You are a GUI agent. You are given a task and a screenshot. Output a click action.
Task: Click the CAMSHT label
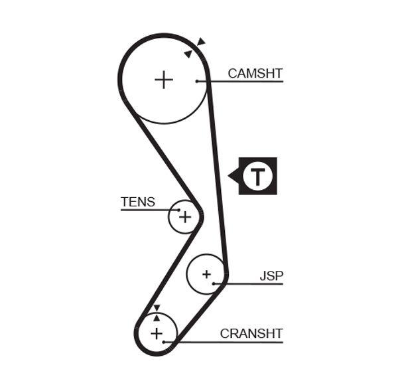pyautogui.click(x=255, y=73)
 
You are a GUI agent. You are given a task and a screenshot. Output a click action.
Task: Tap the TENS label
pyautogui.click(x=138, y=202)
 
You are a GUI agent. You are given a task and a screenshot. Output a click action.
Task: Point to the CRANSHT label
pyautogui.click(x=251, y=333)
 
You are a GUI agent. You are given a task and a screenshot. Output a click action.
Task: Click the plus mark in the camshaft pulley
pyautogui.click(x=163, y=80)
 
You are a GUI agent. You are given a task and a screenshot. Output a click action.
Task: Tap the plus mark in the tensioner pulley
pyautogui.click(x=185, y=216)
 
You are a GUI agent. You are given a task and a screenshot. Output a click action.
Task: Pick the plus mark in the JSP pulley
pyautogui.click(x=206, y=274)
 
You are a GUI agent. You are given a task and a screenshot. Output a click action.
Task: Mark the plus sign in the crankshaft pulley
pyautogui.click(x=157, y=333)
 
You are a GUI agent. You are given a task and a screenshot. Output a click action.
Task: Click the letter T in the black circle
pyautogui.click(x=257, y=176)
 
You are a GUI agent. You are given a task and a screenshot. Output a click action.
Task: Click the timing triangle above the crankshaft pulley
pyautogui.click(x=157, y=308)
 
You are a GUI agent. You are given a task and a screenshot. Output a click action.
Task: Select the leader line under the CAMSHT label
pyautogui.click(x=245, y=81)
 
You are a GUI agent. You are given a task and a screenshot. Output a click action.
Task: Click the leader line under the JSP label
pyautogui.click(x=252, y=283)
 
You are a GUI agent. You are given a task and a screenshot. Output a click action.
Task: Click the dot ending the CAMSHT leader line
pyautogui.click(x=197, y=81)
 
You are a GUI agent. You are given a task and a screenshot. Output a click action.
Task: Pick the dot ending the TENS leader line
pyautogui.click(x=178, y=210)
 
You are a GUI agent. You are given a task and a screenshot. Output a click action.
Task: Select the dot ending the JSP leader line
pyautogui.click(x=214, y=283)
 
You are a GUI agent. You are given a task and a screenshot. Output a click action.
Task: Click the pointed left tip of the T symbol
pyautogui.click(x=229, y=176)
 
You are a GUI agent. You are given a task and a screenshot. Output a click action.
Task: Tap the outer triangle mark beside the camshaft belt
pyautogui.click(x=201, y=42)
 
